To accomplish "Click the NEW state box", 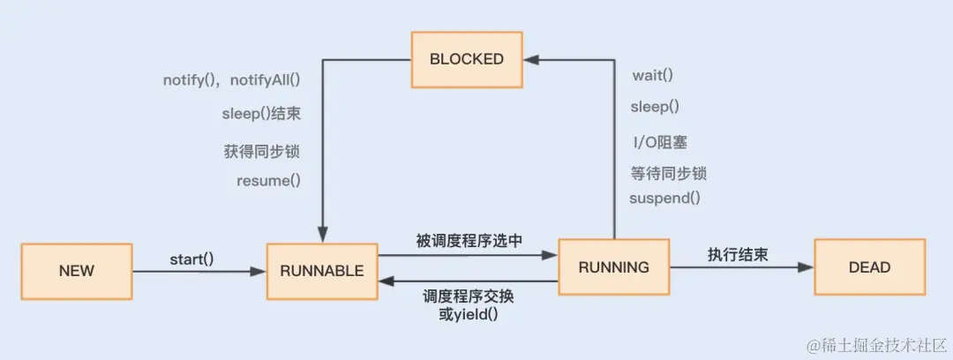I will (76, 270).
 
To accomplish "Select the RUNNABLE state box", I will (321, 270).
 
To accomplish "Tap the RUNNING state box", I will (613, 266).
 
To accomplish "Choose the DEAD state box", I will (869, 266).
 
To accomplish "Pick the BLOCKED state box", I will (466, 59).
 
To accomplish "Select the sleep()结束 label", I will (260, 114).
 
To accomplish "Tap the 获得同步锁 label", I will (262, 151).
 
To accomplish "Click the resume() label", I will (268, 181).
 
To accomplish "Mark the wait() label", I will (652, 75).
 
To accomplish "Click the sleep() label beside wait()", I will (655, 107).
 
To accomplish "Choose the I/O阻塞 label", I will (658, 141).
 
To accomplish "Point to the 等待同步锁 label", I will (668, 173).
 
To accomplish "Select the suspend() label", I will (664, 198).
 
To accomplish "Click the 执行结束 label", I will (737, 254).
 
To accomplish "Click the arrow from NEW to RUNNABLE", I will (199, 271).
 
